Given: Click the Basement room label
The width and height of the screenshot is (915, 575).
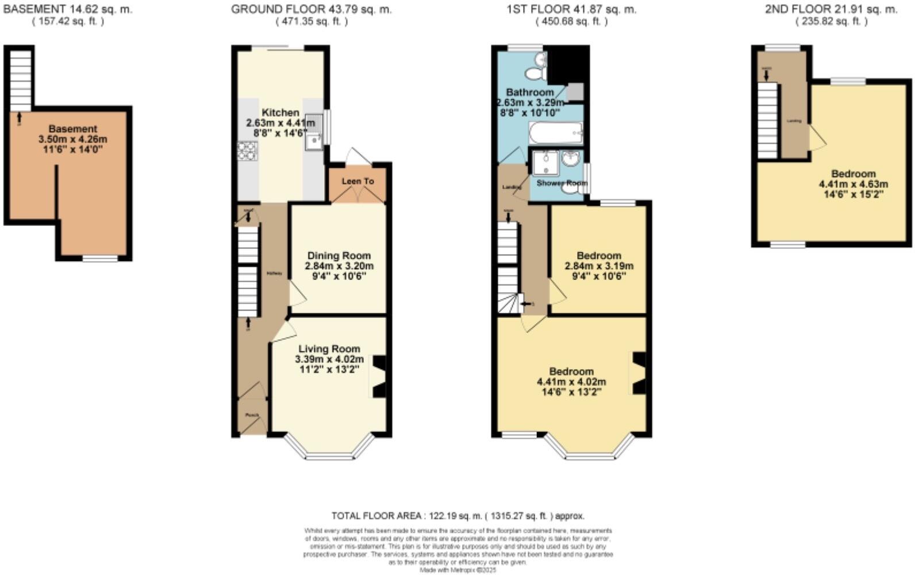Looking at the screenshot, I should (x=72, y=129).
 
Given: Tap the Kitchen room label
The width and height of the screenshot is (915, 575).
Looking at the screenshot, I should (x=280, y=113).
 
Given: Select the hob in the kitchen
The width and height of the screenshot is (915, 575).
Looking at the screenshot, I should (x=247, y=151).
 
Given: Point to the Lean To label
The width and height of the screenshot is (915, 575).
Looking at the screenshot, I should (x=357, y=181).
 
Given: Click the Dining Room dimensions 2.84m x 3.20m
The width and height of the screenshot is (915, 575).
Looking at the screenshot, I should (x=339, y=266).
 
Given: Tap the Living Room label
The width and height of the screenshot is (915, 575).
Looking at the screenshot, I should (x=329, y=348).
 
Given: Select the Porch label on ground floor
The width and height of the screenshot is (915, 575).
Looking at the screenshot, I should (x=252, y=415).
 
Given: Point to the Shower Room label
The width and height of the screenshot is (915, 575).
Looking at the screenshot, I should (x=562, y=183).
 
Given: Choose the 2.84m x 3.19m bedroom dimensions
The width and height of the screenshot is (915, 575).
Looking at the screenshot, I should (x=599, y=266).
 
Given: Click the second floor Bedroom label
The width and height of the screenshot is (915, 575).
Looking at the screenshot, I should (x=854, y=174).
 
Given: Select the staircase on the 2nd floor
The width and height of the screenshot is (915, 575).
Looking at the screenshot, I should (x=767, y=120).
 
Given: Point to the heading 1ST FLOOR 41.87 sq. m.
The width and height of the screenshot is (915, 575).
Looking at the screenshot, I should (x=571, y=9).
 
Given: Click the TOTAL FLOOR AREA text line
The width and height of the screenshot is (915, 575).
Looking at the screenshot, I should (x=457, y=516).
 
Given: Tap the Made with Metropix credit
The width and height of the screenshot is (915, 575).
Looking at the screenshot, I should (x=457, y=570).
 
